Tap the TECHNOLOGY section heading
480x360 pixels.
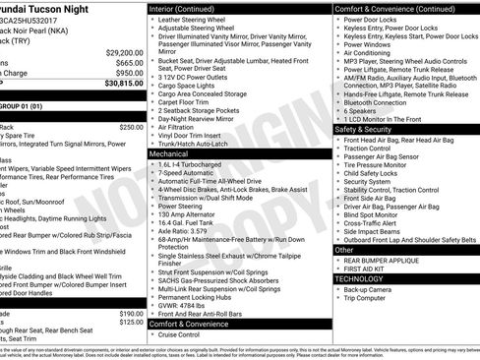(360, 278)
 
